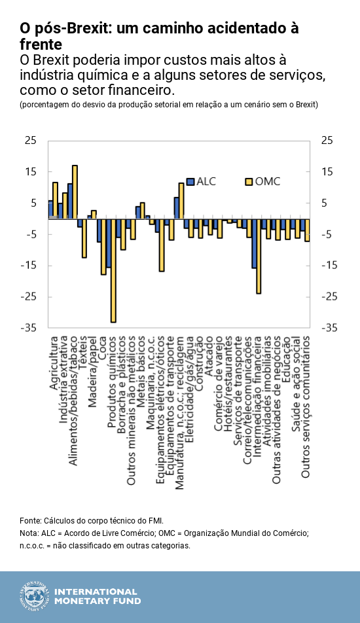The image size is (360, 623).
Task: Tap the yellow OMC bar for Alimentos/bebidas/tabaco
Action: pos(75,192)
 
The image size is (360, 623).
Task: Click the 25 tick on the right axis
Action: pos(326,141)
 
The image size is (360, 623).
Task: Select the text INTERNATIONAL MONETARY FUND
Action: pos(96,596)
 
